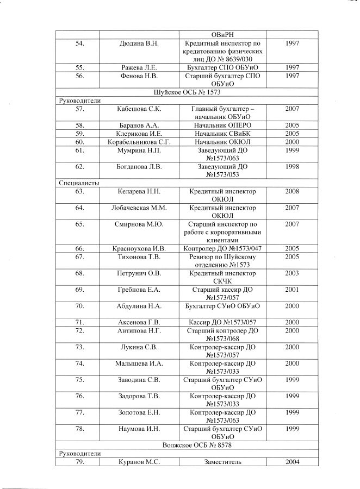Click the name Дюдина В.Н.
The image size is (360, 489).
139,43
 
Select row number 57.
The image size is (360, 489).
79,109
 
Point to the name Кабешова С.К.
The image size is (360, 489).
139,109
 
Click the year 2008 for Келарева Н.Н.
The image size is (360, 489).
291,192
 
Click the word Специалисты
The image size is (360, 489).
79,183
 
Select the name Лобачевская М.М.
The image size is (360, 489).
139,208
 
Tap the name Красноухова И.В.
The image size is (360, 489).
139,248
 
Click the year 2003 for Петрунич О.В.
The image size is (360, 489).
291,273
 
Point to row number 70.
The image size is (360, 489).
79,306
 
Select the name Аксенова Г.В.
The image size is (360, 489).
139,322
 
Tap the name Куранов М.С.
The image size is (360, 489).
139,462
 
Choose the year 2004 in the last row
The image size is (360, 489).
291,462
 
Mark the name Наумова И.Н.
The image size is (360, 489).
139,429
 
